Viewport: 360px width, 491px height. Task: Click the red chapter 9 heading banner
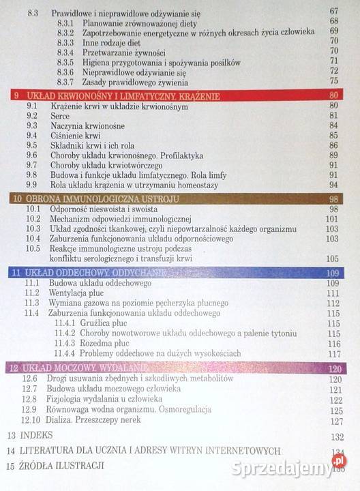coord(177,95)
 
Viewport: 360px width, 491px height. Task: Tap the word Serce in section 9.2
coord(60,116)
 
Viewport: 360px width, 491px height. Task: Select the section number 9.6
coord(32,155)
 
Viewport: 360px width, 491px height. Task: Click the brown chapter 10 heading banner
coord(177,198)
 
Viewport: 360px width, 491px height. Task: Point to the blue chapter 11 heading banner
coord(177,273)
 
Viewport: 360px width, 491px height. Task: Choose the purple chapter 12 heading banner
coord(177,369)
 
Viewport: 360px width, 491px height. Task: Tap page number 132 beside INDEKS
coord(336,436)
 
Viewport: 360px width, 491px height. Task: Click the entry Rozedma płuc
coord(104,343)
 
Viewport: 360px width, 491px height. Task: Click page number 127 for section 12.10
coord(335,421)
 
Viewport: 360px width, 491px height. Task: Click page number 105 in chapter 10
coord(332,258)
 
